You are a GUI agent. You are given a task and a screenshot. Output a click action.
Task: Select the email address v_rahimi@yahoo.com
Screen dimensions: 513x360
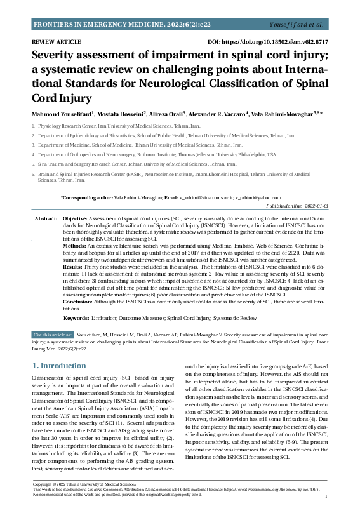click(x=259, y=198)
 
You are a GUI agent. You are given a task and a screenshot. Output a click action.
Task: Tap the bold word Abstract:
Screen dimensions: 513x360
click(x=46, y=218)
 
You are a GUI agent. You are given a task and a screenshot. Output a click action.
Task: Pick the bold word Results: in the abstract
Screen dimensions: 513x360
click(x=76, y=268)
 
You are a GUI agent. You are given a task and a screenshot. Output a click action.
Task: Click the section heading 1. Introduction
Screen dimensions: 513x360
click(x=62, y=366)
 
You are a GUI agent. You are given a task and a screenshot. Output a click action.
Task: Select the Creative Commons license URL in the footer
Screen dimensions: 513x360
click(x=257, y=491)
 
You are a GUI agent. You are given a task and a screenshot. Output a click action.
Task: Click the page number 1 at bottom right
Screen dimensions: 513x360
click(x=325, y=496)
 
